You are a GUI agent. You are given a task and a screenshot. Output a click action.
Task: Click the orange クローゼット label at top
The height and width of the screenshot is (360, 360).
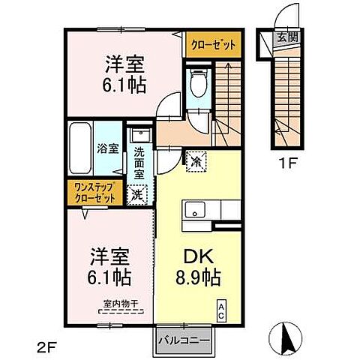[212, 45]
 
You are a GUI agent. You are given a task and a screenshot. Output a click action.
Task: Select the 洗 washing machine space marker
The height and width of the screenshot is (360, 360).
[137, 193]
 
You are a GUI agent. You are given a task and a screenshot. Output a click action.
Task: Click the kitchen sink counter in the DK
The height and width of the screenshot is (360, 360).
[198, 211]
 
